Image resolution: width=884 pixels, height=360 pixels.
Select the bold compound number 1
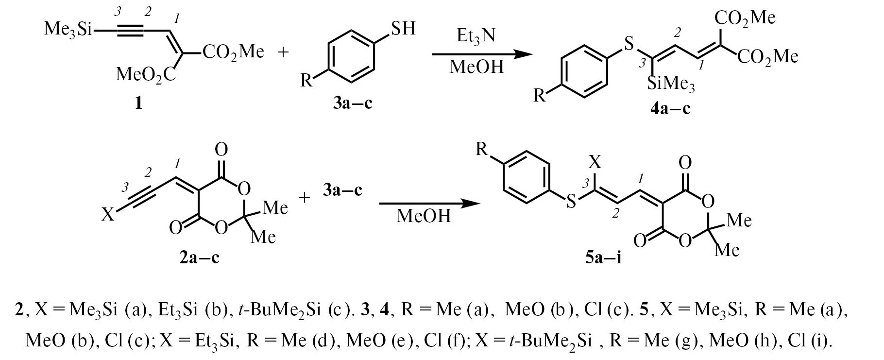pos(139,103)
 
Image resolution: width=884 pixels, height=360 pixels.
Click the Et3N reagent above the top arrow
pos(476,36)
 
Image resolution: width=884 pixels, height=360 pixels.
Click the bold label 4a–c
pos(670,107)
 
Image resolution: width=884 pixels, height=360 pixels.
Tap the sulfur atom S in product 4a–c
pos(629,46)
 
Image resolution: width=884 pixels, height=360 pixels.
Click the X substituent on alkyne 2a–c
pos(108,214)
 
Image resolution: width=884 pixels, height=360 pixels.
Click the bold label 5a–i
pos(603,257)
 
